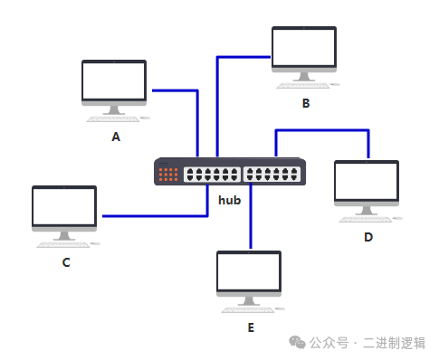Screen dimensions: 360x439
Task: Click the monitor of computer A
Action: [114, 82]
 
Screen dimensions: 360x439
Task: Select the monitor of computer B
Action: [304, 49]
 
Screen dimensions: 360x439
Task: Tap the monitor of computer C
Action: [64, 208]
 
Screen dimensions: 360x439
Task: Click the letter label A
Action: [115, 137]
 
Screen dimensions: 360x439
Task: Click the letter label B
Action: [306, 104]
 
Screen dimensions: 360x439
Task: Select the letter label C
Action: [66, 262]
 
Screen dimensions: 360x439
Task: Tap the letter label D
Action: [368, 237]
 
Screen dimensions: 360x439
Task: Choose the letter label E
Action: [251, 327]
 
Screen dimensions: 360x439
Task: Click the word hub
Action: [229, 199]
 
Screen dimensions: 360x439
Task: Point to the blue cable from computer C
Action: [154, 216]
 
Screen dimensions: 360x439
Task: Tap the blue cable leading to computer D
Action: [321, 131]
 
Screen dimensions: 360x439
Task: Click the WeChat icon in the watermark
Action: [297, 342]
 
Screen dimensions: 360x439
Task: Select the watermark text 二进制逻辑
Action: [395, 343]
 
